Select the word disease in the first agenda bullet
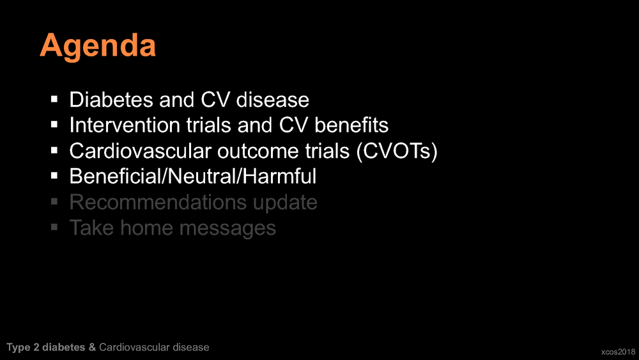pyautogui.click(x=273, y=100)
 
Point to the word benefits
pyautogui.click(x=351, y=125)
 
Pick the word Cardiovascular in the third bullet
pyautogui.click(x=140, y=151)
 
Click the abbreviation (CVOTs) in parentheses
pyautogui.click(x=397, y=152)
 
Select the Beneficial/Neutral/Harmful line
pyautogui.click(x=193, y=176)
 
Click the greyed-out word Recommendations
pyautogui.click(x=158, y=202)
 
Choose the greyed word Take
pyautogui.click(x=91, y=228)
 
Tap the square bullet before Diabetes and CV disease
pyautogui.click(x=54, y=99)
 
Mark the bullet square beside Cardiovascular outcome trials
pyautogui.click(x=54, y=150)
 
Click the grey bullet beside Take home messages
pyautogui.click(x=54, y=227)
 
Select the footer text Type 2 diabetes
pyautogui.click(x=45, y=347)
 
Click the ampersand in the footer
pyautogui.click(x=92, y=347)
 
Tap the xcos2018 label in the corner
pyautogui.click(x=618, y=352)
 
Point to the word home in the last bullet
pyautogui.click(x=146, y=228)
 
